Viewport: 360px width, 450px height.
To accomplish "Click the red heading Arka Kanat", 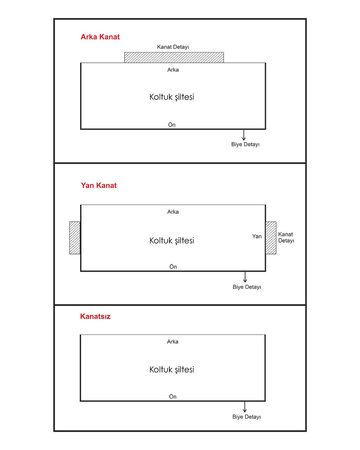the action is click(100, 37).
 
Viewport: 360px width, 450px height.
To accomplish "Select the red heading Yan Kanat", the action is click(99, 185).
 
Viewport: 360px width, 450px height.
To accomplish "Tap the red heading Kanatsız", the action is click(95, 316).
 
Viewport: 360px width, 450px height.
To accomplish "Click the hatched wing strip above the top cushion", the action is click(174, 58).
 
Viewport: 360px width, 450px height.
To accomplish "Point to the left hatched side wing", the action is click(75, 238).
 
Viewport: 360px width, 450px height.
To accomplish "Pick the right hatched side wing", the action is click(271, 238).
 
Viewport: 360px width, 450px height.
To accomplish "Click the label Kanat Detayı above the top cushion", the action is click(173, 47).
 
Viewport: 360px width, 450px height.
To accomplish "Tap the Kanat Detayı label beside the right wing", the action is click(286, 237).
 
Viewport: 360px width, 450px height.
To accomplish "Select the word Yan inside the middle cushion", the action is click(257, 236).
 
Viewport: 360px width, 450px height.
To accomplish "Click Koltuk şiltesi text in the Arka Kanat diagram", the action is click(172, 97).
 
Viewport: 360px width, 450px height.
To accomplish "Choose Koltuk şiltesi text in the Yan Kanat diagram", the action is click(172, 241).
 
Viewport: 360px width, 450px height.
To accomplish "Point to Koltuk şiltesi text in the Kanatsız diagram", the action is click(172, 370).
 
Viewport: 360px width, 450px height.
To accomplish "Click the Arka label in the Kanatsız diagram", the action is click(173, 342).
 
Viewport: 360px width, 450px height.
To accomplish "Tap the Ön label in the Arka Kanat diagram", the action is click(172, 125).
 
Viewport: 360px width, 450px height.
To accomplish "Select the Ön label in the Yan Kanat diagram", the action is click(173, 267).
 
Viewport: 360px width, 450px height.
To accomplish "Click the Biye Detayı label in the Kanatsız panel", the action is click(246, 417).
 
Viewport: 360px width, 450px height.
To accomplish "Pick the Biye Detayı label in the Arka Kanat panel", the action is click(245, 144).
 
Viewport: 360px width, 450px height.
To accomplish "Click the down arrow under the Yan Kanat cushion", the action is click(245, 277).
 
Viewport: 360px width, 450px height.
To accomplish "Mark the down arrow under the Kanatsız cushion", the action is click(245, 407).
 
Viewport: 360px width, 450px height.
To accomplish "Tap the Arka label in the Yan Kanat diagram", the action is click(173, 212).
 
